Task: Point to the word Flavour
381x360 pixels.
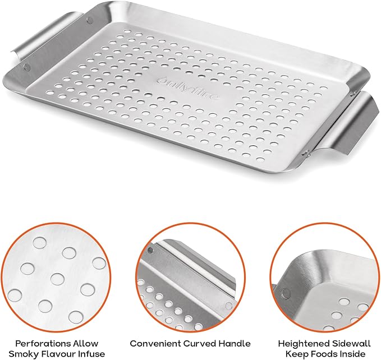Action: point(58,354)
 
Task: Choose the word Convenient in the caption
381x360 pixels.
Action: point(153,343)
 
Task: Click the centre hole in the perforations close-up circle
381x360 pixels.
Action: point(57,278)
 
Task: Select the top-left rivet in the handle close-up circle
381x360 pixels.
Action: point(150,248)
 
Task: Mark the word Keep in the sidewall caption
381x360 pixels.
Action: point(297,354)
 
